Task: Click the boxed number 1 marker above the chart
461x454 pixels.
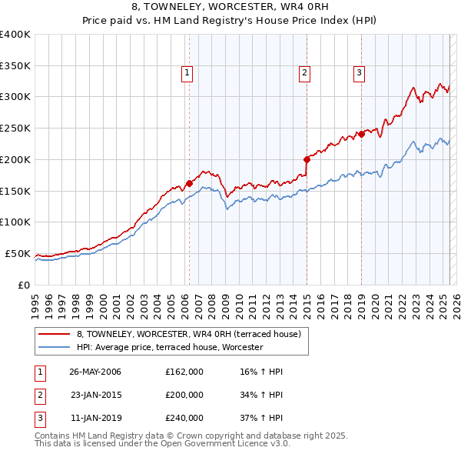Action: (187, 73)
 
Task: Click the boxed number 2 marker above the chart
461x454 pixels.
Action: (305, 73)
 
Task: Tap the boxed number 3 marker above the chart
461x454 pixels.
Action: (359, 73)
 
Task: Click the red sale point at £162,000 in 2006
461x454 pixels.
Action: (189, 183)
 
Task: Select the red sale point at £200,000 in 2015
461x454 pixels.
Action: (307, 159)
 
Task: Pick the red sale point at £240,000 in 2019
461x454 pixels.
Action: (361, 134)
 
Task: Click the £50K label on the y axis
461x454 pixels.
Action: (18, 253)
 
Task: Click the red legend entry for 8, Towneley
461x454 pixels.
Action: (193, 334)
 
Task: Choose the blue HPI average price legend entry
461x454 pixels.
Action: (169, 348)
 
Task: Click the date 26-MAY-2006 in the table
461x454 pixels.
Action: (95, 372)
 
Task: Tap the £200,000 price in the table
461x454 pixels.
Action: (184, 395)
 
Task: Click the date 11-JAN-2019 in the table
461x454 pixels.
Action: (95, 418)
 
